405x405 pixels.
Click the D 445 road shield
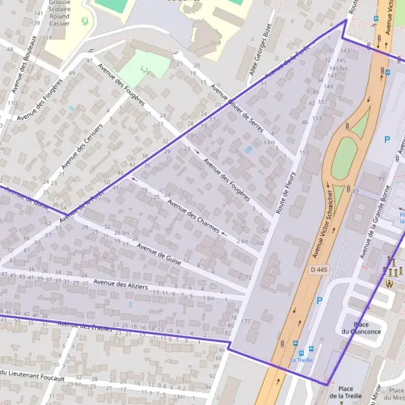click(321, 269)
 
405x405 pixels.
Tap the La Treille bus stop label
click(302, 360)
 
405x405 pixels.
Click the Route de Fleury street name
click(288, 193)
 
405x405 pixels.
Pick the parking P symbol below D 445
click(319, 301)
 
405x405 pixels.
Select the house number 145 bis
click(337, 68)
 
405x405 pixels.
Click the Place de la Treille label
click(346, 392)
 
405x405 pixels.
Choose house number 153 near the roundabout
click(317, 118)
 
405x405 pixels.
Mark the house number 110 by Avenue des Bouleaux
click(11, 103)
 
